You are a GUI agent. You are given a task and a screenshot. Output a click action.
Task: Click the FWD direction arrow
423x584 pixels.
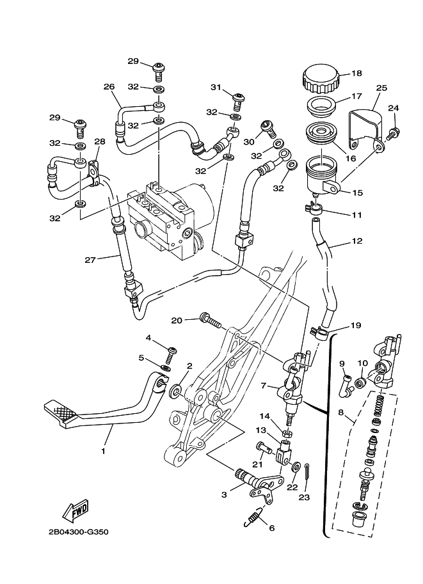(x=76, y=511)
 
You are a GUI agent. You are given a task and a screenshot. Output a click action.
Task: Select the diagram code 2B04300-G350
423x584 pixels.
(x=78, y=532)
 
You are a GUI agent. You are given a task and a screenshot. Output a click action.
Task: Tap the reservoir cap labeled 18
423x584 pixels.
(x=321, y=79)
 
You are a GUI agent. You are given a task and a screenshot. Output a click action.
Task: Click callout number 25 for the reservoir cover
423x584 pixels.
(x=381, y=88)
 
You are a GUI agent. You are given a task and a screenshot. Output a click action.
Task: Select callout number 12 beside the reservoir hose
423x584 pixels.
(x=356, y=241)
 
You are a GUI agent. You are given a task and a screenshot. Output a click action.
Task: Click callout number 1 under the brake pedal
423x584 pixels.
(x=103, y=451)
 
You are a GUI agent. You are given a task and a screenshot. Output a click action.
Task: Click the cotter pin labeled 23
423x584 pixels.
(x=307, y=472)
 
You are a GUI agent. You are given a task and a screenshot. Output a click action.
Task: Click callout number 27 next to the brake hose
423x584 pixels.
(x=91, y=260)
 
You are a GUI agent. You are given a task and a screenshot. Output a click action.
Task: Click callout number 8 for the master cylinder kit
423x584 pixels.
(x=340, y=413)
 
